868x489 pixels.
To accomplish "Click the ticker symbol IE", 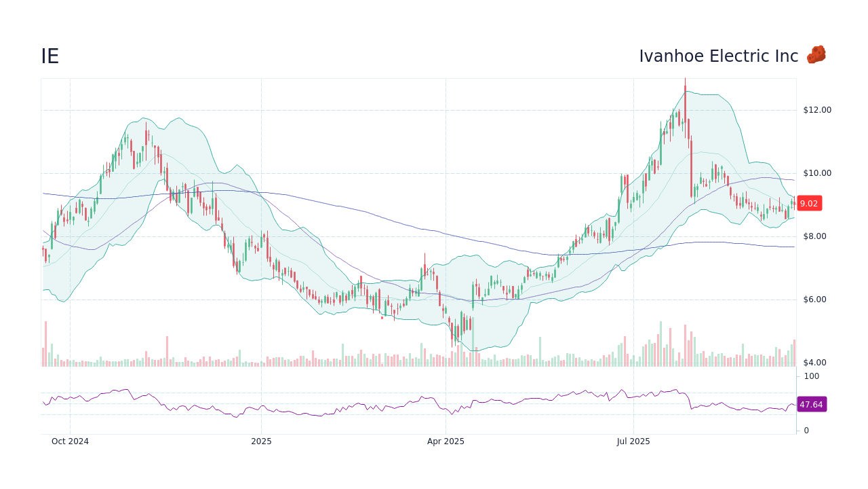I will [x=50, y=56].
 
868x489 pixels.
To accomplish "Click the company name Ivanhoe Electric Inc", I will [x=718, y=56].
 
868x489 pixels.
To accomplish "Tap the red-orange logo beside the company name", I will [x=816, y=55].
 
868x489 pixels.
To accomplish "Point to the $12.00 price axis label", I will [x=816, y=110].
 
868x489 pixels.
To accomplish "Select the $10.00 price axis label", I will [x=816, y=173].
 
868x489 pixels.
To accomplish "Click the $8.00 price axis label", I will [x=816, y=236].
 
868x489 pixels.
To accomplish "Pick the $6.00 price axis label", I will [x=816, y=300].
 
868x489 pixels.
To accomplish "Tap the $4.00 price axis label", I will [x=816, y=363].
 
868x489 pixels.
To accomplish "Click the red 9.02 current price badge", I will [x=808, y=203].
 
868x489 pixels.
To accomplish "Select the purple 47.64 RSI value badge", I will [x=811, y=404].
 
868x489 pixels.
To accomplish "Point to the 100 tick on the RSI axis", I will [x=811, y=376].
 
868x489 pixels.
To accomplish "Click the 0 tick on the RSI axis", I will [x=806, y=430].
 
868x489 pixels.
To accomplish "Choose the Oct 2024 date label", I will [x=70, y=441].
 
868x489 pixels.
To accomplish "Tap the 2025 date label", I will [x=261, y=441].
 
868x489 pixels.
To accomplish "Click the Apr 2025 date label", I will [x=446, y=441].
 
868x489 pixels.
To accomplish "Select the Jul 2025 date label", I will [x=633, y=441].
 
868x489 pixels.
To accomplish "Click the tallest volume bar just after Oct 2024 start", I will [x=45, y=344].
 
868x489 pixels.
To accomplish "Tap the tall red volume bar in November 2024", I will [x=167, y=351].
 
